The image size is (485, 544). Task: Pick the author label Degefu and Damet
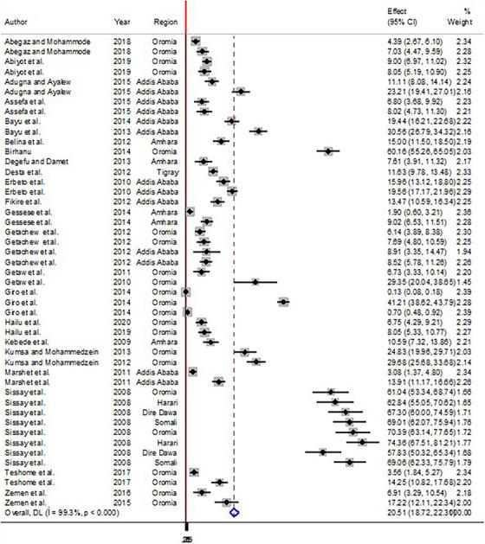pos(34,161)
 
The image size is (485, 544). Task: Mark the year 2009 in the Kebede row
pos(123,342)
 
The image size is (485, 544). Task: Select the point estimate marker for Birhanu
pos(327,150)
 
